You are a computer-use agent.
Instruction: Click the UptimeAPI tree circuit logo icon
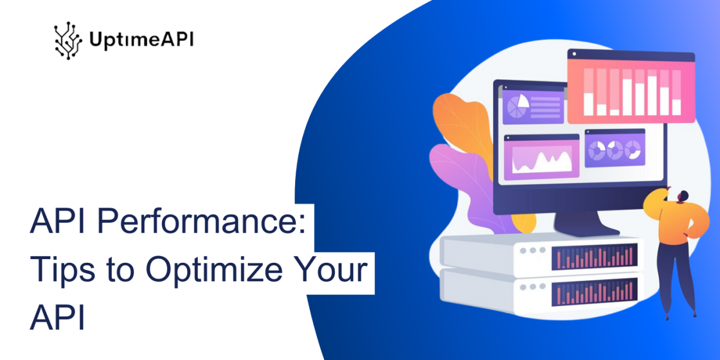click(x=68, y=41)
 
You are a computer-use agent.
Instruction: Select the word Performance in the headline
click(x=201, y=222)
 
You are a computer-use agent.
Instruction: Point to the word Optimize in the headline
click(x=214, y=270)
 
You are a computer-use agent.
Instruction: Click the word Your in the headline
click(x=331, y=269)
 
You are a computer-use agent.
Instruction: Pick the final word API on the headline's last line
click(x=58, y=317)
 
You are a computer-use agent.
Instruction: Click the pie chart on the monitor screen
click(x=518, y=106)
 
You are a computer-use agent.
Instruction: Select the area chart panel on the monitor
click(x=541, y=157)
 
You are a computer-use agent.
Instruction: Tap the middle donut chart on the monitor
click(x=614, y=149)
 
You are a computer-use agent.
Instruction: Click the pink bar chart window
click(x=631, y=86)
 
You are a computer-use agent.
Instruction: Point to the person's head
click(x=682, y=197)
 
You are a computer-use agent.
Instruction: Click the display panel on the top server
click(x=595, y=257)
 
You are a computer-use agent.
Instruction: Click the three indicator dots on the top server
click(x=533, y=250)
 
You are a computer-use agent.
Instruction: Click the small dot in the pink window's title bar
click(x=574, y=54)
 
